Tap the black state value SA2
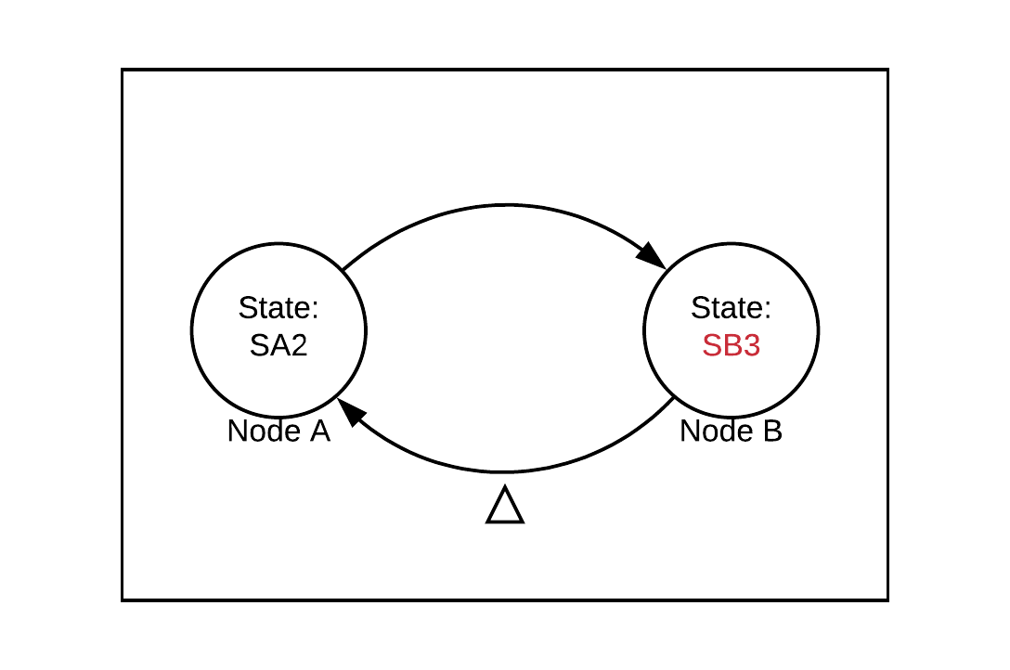[278, 346]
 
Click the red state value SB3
[732, 346]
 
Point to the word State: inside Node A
[278, 308]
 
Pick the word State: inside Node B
[732, 308]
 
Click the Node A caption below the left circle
[278, 432]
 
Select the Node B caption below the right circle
[732, 432]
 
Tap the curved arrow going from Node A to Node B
[506, 205]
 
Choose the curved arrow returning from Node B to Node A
[506, 471]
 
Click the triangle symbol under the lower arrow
[505, 507]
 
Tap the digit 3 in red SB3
[752, 346]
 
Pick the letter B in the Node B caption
[772, 432]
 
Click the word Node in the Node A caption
[264, 432]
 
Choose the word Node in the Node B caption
[716, 432]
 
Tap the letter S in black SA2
[258, 346]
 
